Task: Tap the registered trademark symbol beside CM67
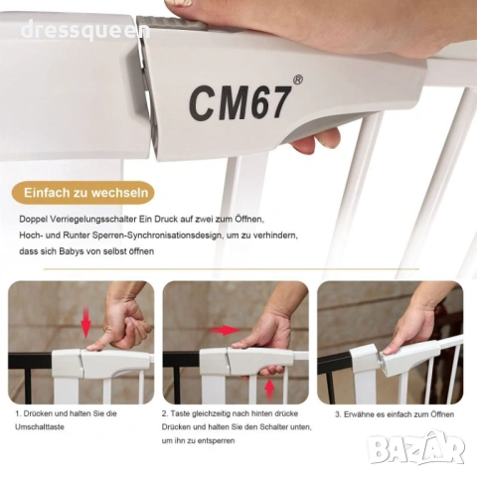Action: [x=298, y=80]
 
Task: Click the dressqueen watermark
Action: [x=85, y=30]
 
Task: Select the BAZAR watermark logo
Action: [x=416, y=448]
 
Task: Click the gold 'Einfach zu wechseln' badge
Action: [x=83, y=193]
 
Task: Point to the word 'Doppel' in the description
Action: [x=34, y=220]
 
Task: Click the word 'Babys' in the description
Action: [x=72, y=251]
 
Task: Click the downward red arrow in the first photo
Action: [x=86, y=322]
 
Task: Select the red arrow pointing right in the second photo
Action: [x=224, y=330]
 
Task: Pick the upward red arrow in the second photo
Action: [x=270, y=390]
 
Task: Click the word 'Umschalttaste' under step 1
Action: [x=40, y=427]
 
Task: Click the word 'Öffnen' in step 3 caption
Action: [x=442, y=414]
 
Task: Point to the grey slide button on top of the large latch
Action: [x=172, y=23]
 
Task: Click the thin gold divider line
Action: [x=232, y=269]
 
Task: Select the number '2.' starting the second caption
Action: [x=165, y=413]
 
